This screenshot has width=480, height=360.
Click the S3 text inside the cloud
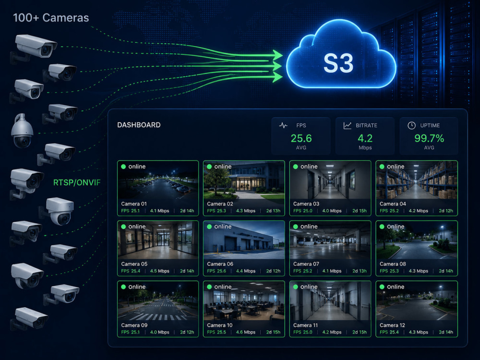point(338,63)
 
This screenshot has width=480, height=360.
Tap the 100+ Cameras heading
point(51,18)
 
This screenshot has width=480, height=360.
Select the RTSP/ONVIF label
point(77,183)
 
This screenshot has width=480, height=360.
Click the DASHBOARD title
point(139,125)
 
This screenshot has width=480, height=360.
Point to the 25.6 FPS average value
point(301,138)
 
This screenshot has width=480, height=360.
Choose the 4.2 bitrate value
point(365,138)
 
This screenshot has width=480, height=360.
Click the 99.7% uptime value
point(429,138)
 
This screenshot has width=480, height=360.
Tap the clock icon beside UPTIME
point(412,125)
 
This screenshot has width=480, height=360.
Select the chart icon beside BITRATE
point(348,125)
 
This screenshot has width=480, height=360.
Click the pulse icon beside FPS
point(284,125)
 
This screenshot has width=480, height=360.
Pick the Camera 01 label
point(134,204)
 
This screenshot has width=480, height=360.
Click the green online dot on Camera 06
point(209,227)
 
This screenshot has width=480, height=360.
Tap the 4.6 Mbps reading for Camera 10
point(245,332)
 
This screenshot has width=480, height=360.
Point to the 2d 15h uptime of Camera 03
point(360,211)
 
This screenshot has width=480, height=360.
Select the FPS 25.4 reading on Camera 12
point(389,332)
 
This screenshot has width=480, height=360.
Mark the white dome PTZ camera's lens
point(23,142)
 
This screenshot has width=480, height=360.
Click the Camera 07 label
point(306,264)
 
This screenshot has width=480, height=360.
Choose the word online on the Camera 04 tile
point(396,167)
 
